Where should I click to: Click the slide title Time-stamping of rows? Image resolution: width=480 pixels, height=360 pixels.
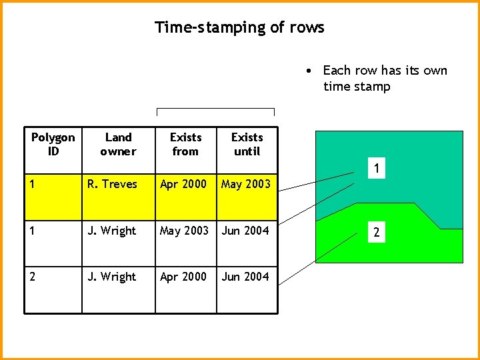tap(239, 27)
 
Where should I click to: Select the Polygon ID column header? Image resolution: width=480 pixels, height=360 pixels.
tap(53, 144)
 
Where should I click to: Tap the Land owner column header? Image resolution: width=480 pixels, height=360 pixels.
tap(118, 144)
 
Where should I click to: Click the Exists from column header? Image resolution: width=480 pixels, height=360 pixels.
tap(185, 144)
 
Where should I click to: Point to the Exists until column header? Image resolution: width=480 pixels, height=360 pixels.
tap(247, 144)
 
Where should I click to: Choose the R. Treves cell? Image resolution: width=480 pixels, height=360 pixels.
tap(112, 184)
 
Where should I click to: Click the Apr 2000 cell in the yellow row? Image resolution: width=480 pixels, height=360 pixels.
tap(183, 184)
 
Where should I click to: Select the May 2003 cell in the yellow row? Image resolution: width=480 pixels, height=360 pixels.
tap(246, 184)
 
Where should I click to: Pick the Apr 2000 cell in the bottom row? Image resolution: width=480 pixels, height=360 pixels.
tap(183, 277)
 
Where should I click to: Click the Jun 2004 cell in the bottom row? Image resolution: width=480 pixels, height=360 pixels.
tap(245, 277)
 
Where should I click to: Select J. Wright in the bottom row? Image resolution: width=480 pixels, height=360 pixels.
tap(111, 277)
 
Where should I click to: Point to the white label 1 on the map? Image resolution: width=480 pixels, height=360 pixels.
tap(377, 170)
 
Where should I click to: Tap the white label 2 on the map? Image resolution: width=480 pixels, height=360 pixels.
tap(377, 233)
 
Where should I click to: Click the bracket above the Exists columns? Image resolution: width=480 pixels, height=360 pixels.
tap(215, 109)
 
